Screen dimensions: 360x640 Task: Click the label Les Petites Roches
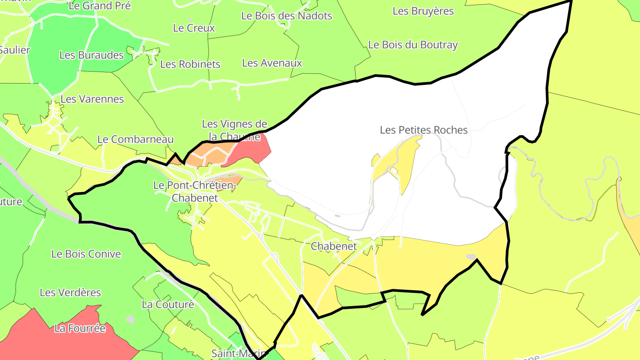coord(424,130)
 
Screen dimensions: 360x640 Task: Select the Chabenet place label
coord(334,246)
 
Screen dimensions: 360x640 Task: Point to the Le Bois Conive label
coord(86,254)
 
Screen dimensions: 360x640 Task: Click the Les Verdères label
coord(70,292)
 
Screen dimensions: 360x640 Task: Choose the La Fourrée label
coord(80,328)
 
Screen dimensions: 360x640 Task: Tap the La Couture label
coord(168,304)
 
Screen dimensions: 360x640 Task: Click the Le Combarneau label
coord(135,139)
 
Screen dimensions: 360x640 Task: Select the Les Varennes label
coord(92,99)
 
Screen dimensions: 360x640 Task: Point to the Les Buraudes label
coord(92,55)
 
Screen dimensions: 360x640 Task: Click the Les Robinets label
coord(190,64)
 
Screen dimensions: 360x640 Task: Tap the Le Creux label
coord(194,28)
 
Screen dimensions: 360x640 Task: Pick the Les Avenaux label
coord(272,63)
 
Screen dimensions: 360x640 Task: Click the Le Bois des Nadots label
coord(287,16)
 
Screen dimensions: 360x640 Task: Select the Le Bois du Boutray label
coord(413,45)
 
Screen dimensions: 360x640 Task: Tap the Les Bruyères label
coord(423,11)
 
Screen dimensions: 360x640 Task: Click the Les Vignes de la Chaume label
coord(234,130)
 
